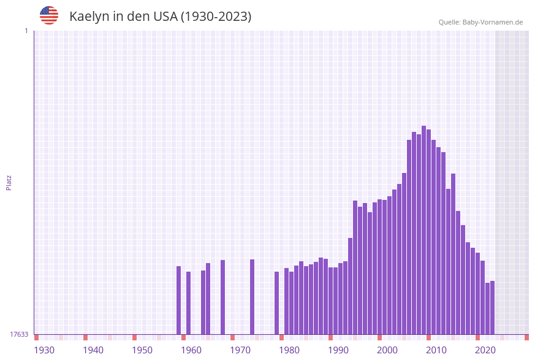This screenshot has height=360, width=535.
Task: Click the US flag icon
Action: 49,15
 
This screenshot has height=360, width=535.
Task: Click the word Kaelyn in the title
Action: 88,17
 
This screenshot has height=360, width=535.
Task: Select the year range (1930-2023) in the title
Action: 216,17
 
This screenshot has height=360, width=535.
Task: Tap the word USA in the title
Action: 162,17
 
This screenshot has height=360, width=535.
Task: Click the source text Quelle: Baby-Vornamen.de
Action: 480,22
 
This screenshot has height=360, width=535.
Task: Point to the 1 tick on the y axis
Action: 26,31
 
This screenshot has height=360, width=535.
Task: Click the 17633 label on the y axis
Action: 19,334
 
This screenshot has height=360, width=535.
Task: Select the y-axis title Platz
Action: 9,182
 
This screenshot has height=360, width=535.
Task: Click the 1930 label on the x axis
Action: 44,350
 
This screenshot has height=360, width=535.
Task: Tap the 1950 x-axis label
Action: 142,350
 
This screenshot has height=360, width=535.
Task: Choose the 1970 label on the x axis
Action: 240,350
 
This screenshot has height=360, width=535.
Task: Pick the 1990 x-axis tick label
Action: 338,350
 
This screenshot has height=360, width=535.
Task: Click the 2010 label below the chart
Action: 436,350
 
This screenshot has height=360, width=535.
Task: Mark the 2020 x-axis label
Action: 485,350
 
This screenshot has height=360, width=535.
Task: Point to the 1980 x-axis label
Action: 289,350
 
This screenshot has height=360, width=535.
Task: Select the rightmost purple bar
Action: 492,307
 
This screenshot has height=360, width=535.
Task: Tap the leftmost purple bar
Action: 178,300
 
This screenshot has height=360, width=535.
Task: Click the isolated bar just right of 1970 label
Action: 252,297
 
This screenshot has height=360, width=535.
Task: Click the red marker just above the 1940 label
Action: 85,337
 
